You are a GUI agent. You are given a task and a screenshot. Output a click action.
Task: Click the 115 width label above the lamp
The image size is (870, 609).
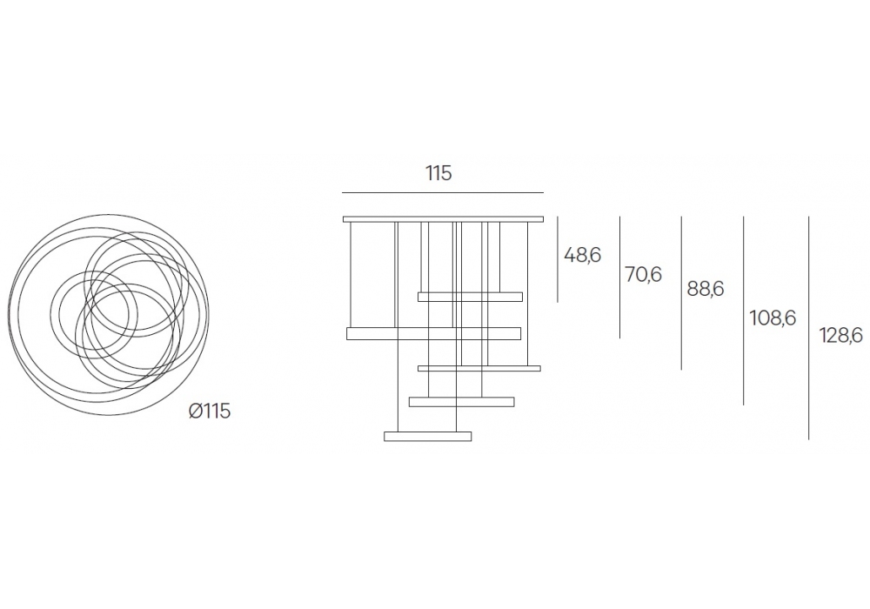(x=438, y=174)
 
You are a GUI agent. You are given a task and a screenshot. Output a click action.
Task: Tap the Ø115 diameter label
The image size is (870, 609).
(x=209, y=412)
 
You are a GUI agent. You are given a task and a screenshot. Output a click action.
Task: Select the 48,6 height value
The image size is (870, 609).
(x=582, y=255)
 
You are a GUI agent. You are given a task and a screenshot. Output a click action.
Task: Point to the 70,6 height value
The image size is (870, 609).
(x=643, y=275)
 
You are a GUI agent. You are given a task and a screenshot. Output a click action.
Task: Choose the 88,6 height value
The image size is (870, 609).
(x=706, y=289)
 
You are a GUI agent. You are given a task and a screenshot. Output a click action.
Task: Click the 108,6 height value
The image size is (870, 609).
(x=773, y=318)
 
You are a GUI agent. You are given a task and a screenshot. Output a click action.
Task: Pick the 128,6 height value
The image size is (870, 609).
(x=840, y=335)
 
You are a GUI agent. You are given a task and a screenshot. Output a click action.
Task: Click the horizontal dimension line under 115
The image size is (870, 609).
(x=443, y=192)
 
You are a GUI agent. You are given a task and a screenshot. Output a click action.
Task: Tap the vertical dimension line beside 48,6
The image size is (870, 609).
(x=558, y=259)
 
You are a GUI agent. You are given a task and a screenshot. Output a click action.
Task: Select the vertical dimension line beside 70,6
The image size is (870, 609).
(x=619, y=278)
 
